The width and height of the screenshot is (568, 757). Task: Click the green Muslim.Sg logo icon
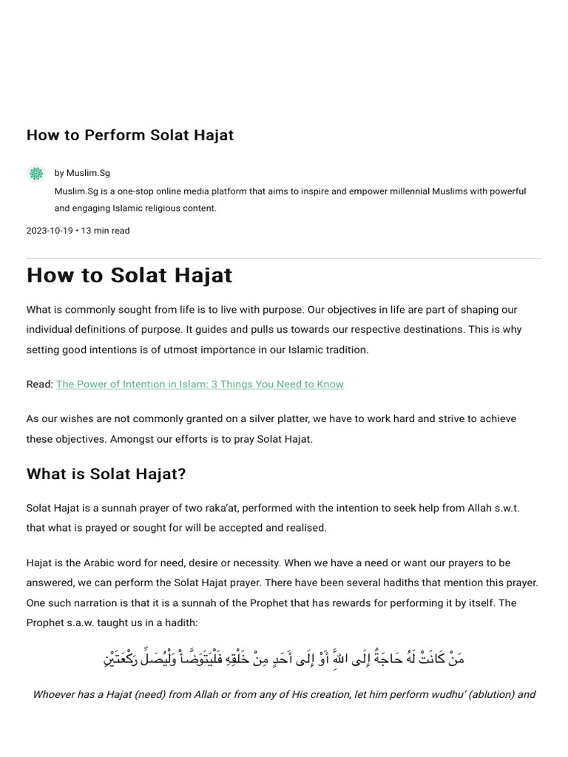point(36,174)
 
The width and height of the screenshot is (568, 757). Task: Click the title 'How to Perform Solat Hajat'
point(130,135)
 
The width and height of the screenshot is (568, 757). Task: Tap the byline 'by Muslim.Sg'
point(82,173)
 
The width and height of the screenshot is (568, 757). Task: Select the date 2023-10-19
point(50,231)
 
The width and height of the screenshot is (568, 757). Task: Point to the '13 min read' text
point(105,231)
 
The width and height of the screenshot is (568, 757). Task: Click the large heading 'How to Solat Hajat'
point(129,275)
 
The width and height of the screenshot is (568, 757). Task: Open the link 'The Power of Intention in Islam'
point(200,384)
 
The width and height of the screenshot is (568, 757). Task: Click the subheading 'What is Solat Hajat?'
point(106,474)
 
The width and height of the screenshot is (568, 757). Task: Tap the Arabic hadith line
point(284,657)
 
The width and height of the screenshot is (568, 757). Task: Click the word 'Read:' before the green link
point(40,384)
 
